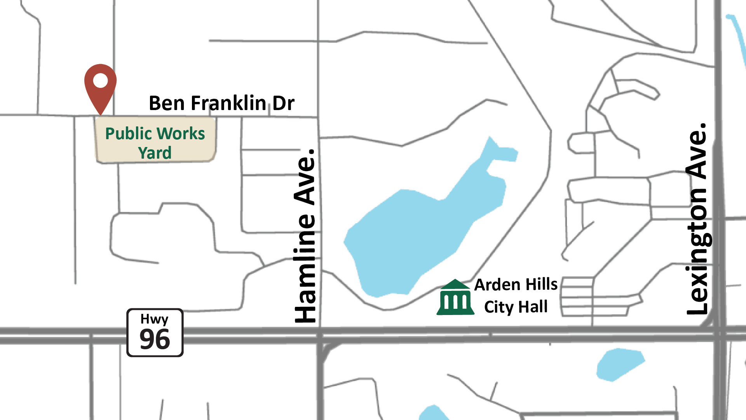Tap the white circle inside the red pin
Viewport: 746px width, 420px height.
pos(100,80)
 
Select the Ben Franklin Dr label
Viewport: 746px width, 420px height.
pos(221,103)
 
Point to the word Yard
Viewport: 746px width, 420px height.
pos(155,153)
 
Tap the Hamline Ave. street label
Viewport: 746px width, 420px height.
pos(305,236)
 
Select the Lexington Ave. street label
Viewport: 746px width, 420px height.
pos(697,219)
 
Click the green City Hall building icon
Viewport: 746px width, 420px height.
pos(455,297)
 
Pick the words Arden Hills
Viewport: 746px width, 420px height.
pos(516,285)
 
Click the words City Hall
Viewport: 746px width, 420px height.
pos(516,307)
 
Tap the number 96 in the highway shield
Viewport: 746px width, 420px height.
pos(155,339)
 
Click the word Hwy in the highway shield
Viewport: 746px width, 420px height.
pos(154,319)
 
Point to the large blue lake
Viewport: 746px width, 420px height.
pos(420,229)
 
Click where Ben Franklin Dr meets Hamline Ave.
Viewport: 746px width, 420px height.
pos(318,117)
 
